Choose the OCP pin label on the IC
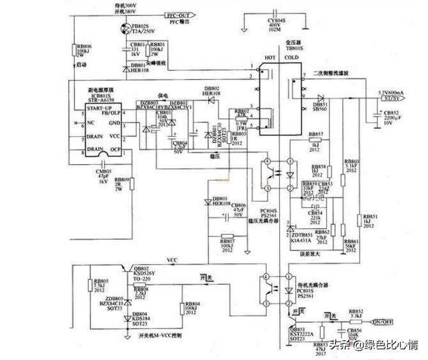115,149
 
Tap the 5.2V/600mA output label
395,93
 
